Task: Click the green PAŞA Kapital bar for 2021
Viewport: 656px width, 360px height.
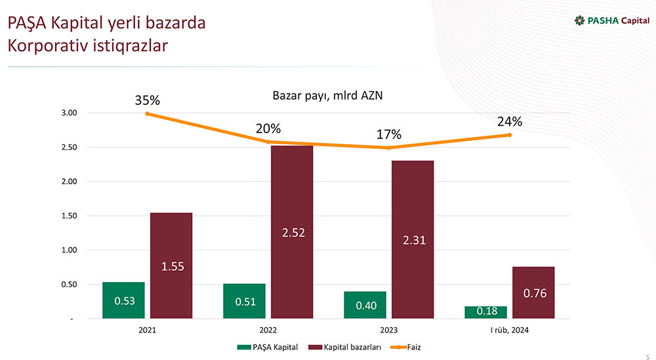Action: (x=123, y=300)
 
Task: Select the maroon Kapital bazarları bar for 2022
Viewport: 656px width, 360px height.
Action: (x=292, y=232)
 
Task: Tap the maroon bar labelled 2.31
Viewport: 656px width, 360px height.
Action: (x=413, y=239)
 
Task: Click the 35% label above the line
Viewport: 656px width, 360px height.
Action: (x=148, y=100)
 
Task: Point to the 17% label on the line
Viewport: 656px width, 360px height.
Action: (x=389, y=134)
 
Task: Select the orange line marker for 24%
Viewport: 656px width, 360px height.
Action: (x=509, y=135)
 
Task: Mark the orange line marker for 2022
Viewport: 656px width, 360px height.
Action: (x=268, y=142)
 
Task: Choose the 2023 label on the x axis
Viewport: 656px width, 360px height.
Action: (x=388, y=330)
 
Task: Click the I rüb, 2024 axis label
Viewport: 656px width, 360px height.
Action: (x=509, y=330)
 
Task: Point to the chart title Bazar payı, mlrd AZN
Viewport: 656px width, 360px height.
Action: (x=327, y=96)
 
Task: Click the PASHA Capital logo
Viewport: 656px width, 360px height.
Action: (x=611, y=20)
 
